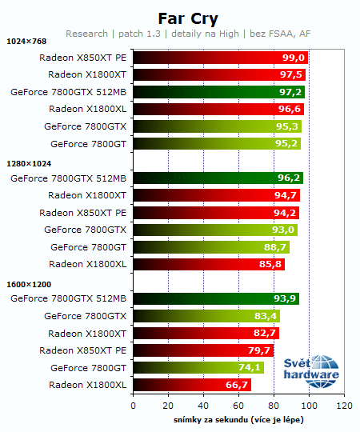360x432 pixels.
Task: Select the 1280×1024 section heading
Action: (29, 162)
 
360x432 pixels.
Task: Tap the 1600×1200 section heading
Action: (29, 283)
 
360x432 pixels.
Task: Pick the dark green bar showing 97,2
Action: (218, 92)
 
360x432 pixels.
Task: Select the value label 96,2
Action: (290, 178)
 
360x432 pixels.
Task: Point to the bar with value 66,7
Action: (192, 385)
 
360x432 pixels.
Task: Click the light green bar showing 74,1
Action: (198, 368)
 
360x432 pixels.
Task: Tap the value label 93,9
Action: (286, 299)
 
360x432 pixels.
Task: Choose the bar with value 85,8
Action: (208, 264)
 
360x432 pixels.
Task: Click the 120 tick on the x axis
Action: (344, 406)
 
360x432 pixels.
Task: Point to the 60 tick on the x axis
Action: (238, 406)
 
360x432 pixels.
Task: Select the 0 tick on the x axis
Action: (133, 406)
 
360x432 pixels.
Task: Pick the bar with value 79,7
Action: (203, 350)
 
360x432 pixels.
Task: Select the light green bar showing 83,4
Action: (206, 316)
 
